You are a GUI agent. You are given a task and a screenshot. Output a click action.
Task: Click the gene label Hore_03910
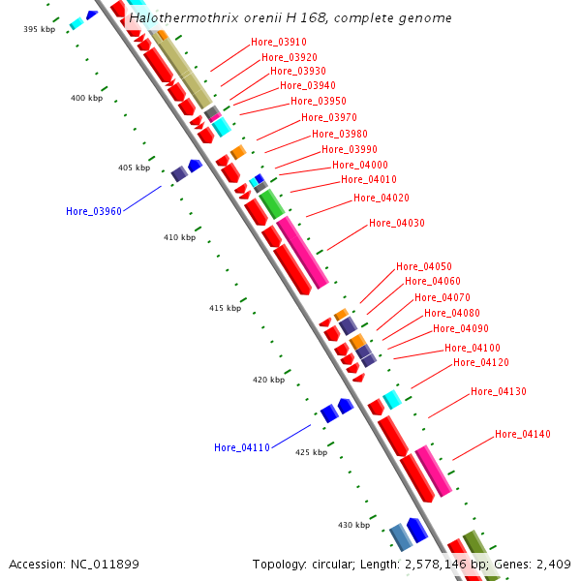pos(278,42)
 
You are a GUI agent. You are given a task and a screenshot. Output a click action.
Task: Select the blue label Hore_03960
pos(93,211)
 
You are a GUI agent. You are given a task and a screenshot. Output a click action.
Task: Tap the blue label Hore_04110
pos(241,447)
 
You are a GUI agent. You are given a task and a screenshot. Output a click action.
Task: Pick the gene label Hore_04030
pos(396,223)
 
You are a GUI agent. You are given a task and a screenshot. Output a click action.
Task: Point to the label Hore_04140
pos(522,434)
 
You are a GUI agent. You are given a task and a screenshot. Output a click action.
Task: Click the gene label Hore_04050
pos(423,266)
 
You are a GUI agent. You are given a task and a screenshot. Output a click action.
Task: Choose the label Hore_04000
pos(360,165)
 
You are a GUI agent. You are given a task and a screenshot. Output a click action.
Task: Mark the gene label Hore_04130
pos(498,391)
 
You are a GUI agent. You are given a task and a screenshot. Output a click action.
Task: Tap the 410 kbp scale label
pos(179,237)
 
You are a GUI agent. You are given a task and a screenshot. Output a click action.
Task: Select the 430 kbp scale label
pos(353,525)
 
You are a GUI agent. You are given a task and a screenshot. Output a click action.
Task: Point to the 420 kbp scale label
pos(268,381)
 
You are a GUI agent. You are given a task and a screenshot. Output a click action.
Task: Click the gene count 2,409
pos(552,564)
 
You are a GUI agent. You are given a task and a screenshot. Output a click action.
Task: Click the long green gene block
pos(271,204)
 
